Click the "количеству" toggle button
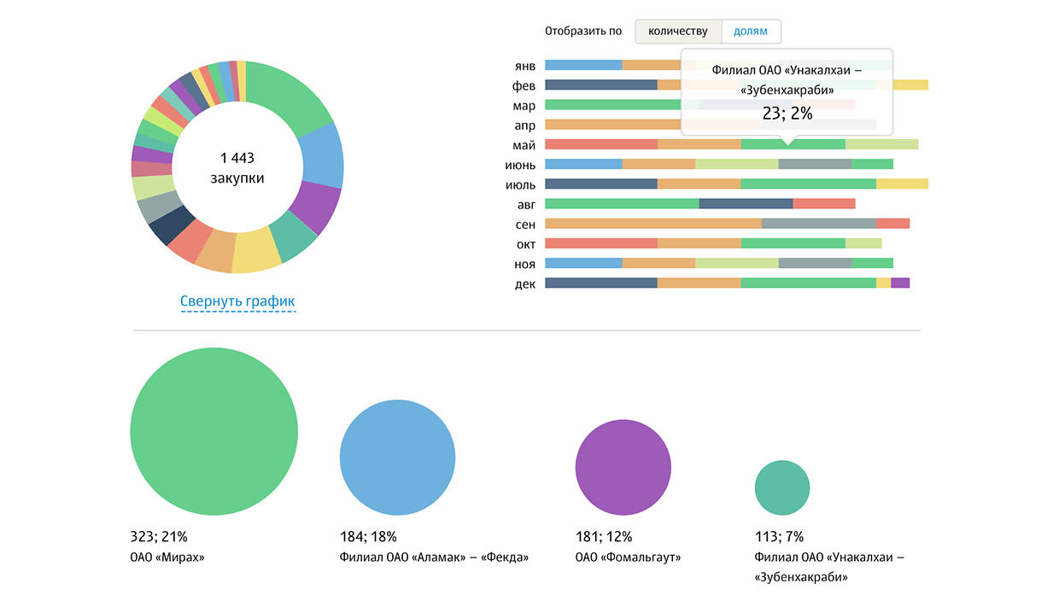678,32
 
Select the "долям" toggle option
751,32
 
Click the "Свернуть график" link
237,301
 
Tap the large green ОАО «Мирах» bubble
214,431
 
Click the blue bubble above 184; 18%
397,458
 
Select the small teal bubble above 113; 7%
782,488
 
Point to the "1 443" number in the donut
237,158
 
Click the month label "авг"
526,204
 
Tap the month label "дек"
525,283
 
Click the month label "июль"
520,184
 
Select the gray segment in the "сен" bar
818,224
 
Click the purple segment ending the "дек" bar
900,283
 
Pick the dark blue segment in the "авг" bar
746,203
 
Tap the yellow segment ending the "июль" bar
902,184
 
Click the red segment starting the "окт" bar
601,243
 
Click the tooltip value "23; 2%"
787,113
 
